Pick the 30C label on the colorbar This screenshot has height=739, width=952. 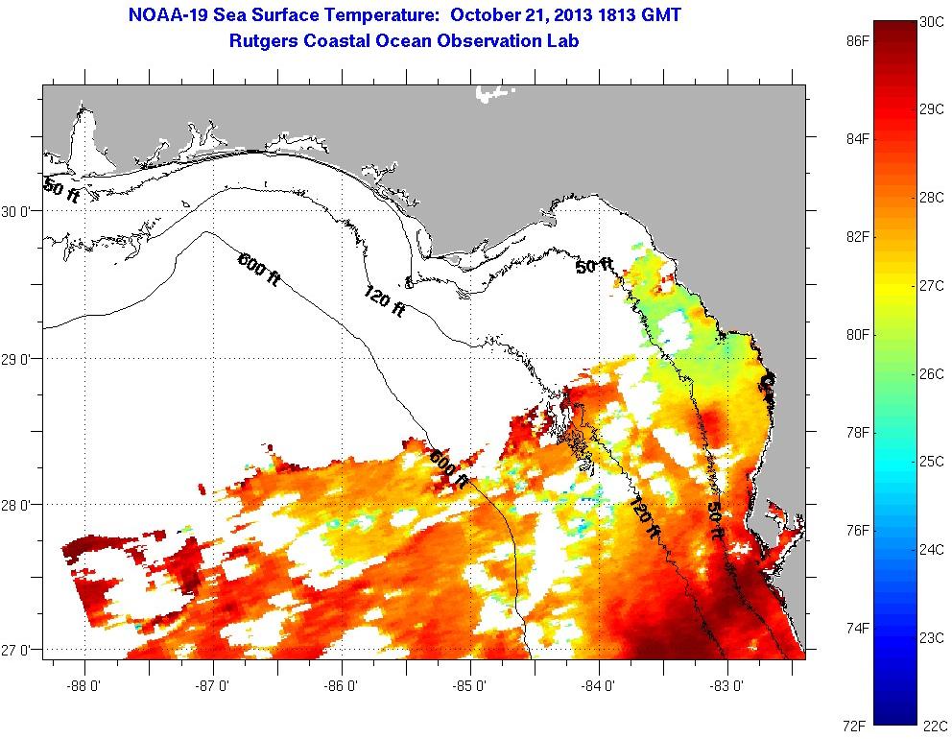(932, 22)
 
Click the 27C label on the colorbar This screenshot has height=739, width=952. (932, 286)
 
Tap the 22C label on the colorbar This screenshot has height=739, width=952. (932, 725)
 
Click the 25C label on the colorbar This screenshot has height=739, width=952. (932, 462)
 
